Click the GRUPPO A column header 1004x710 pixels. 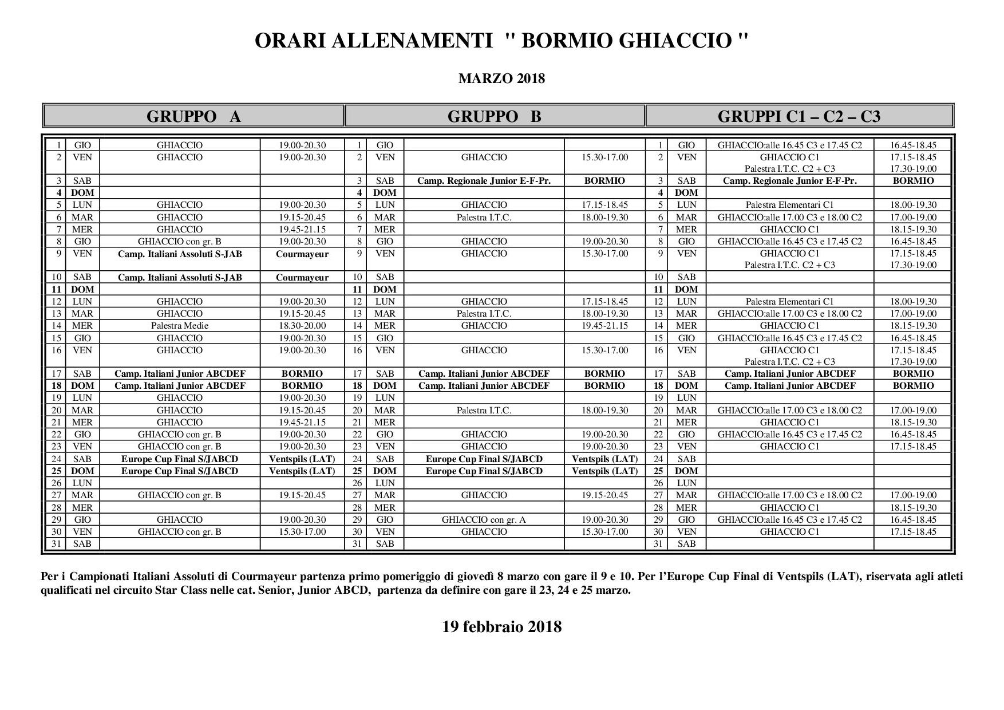pos(193,116)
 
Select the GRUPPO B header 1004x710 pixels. pos(494,116)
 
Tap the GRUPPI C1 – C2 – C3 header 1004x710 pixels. pos(799,116)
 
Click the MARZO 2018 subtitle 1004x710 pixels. pos(501,78)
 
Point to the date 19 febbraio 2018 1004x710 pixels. pos(501,626)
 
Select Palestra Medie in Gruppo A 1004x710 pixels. pos(180,326)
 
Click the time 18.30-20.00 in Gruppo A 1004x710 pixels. pos(302,326)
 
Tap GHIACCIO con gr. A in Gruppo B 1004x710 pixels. pos(484,520)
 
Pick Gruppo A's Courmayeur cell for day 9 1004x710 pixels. pos(302,254)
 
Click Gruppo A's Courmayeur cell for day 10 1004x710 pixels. pos(302,278)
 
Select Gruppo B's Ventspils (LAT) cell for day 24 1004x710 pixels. pos(604,459)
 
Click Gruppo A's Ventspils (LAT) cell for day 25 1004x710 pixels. pos(302,471)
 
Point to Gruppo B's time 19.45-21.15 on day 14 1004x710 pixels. pos(604,326)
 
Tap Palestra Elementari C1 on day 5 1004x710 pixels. pos(789,205)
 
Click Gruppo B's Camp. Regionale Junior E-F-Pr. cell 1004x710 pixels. pos(484,181)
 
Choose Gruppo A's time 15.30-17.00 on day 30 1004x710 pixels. pos(302,532)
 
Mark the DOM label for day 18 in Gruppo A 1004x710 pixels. pos(82,386)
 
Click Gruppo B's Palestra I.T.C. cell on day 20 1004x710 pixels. pos(484,411)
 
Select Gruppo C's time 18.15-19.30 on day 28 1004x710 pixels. pos(913,508)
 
